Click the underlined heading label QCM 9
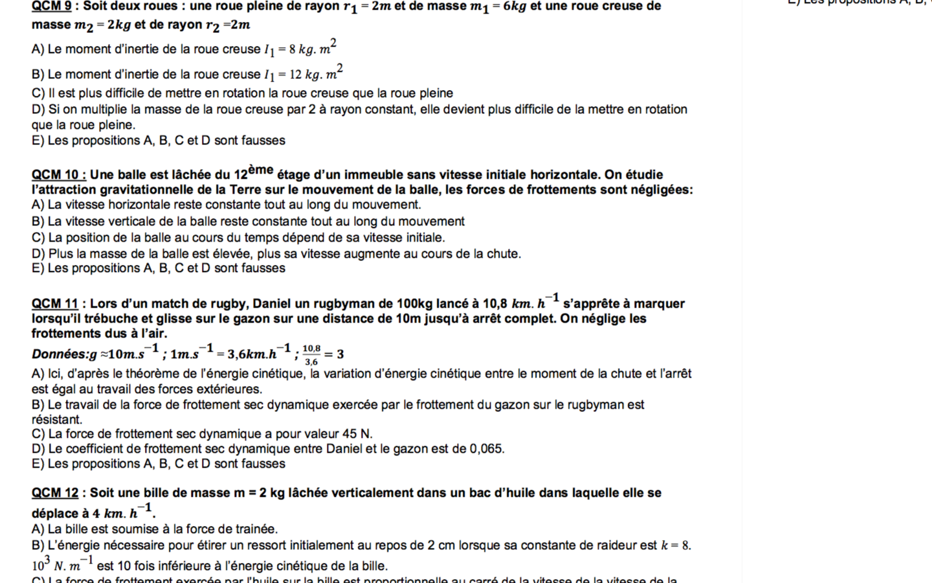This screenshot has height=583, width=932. point(51,6)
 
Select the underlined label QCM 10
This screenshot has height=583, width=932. point(55,175)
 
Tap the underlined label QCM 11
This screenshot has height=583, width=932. point(54,304)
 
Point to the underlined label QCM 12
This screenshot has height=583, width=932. point(54,493)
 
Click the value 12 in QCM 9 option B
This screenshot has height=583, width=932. point(295,74)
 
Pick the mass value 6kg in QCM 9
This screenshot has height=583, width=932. point(515,6)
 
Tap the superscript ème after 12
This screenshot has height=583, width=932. point(260,170)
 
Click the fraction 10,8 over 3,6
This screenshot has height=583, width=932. point(311,354)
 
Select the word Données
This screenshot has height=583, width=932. point(60,354)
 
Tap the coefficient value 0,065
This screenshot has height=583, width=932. point(487,449)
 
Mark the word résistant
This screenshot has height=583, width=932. point(57,420)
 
